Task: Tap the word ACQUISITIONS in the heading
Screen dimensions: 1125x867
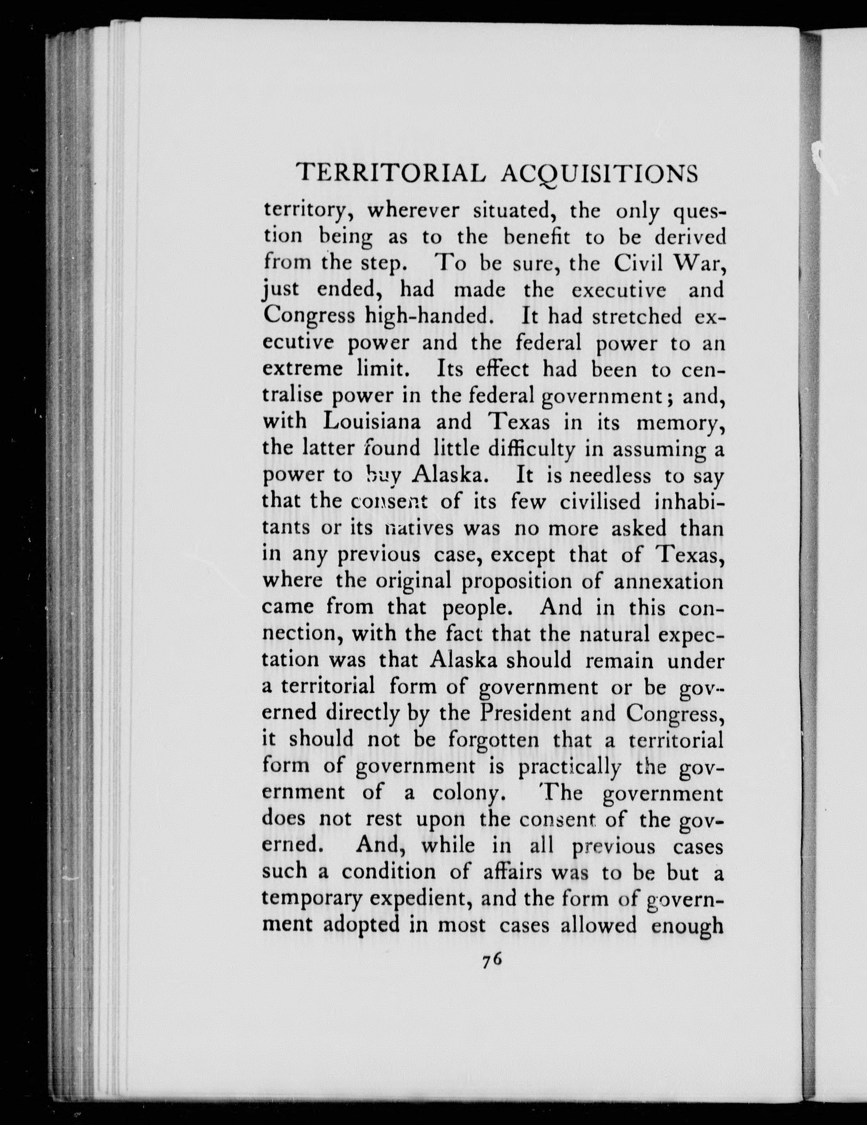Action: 599,173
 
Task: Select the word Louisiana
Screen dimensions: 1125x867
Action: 371,422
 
